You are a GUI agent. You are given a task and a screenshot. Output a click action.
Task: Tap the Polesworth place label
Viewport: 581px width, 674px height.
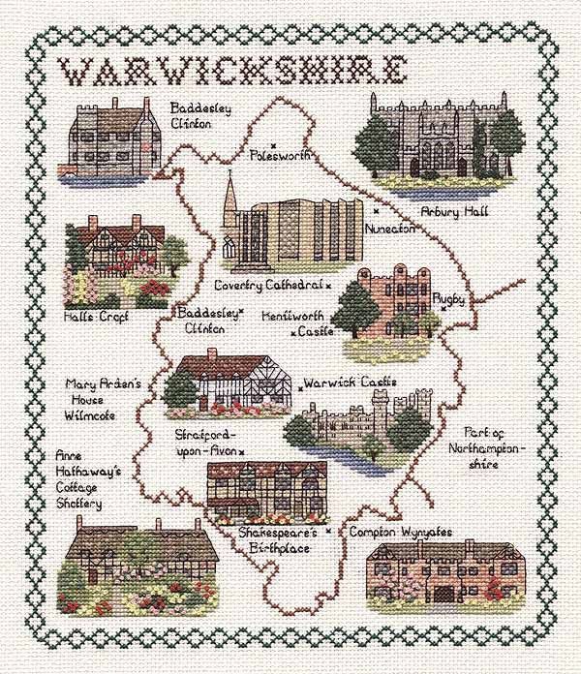pyautogui.click(x=277, y=155)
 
